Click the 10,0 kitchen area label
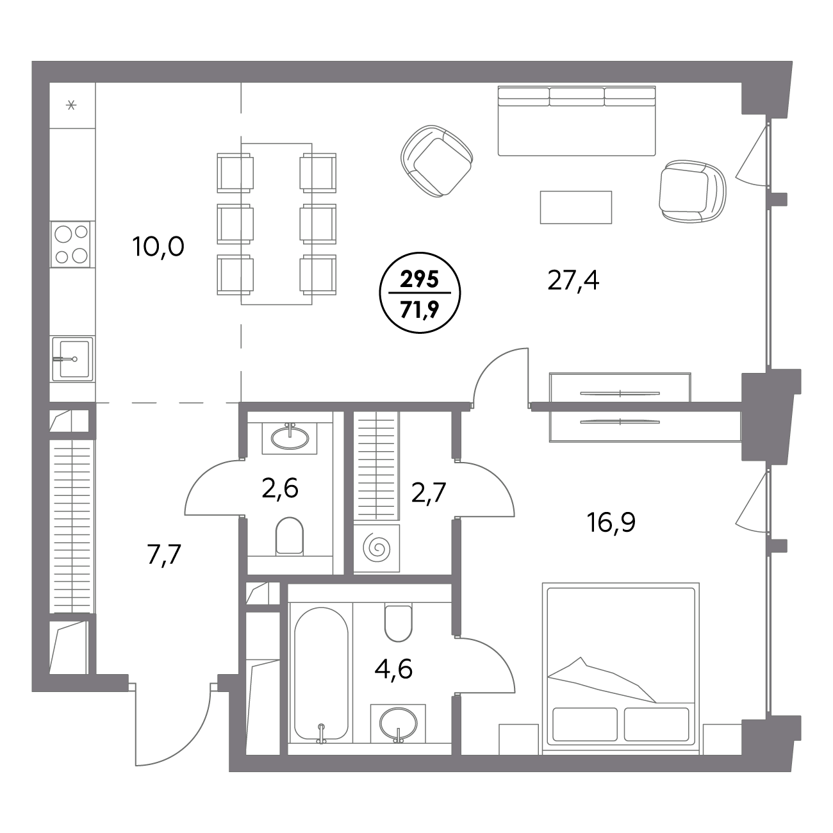coord(159,247)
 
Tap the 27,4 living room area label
coord(573,281)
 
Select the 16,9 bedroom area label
coord(611,522)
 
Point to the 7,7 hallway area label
coord(164,555)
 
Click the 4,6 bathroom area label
coord(393,669)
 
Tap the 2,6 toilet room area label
coord(280,488)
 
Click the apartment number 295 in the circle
coord(419,280)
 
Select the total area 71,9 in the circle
coord(419,309)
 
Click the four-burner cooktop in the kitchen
coord(70,244)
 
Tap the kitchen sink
coord(72,359)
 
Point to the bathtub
coord(321,675)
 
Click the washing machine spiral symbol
coord(377,549)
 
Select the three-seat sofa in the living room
coord(577,120)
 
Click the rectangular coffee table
coord(576,208)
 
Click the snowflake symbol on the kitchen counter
coord(71,104)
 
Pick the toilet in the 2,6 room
coord(289,536)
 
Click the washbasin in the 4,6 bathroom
coord(398,722)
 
